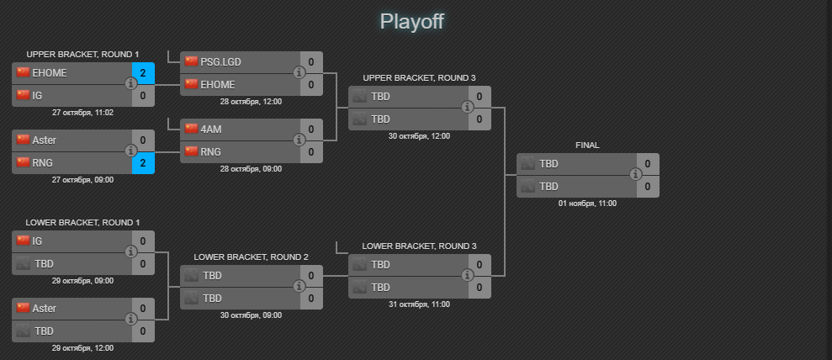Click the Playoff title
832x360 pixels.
click(411, 21)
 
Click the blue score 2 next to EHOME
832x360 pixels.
click(143, 73)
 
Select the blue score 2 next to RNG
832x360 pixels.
click(143, 163)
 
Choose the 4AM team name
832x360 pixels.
click(211, 130)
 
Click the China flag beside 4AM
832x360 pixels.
click(191, 129)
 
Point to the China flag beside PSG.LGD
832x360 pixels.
click(191, 61)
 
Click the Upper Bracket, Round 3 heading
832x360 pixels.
click(419, 78)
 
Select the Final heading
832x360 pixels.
click(587, 146)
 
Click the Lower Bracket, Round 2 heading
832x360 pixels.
click(251, 257)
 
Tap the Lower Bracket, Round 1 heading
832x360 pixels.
click(82, 223)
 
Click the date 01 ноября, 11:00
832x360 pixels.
click(587, 204)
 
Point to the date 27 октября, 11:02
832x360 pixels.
click(82, 112)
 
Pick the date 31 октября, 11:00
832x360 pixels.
click(419, 304)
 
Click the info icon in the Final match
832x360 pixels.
click(636, 174)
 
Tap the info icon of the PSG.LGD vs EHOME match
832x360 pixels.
click(299, 73)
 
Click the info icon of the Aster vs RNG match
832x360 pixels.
click(131, 151)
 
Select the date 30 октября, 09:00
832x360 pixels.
click(251, 315)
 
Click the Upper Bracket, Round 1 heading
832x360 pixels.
click(82, 54)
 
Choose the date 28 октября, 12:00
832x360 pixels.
click(251, 101)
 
